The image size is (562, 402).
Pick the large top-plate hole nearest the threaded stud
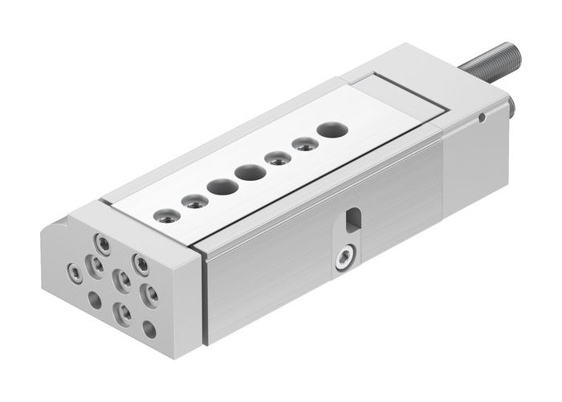330,128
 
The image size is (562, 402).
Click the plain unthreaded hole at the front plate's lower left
95,301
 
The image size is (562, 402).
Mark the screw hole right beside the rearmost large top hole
302,145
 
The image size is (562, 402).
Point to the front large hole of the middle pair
218,186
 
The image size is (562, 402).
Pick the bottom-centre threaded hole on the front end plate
123,309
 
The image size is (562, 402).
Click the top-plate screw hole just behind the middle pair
276,157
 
